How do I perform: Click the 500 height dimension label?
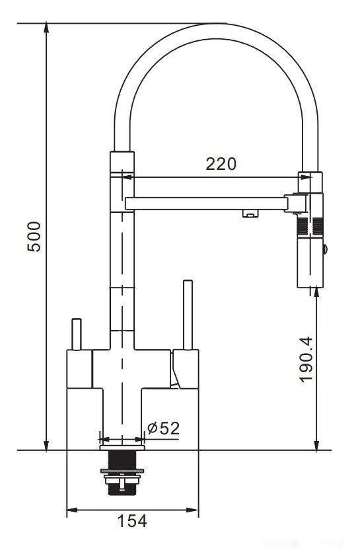[34, 236]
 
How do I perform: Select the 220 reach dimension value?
[220, 163]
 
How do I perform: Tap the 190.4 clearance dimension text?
[305, 360]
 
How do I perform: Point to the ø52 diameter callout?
[163, 428]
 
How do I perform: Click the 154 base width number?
[132, 520]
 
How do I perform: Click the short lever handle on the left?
[77, 334]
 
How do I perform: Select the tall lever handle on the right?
[187, 315]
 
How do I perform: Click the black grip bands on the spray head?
[310, 227]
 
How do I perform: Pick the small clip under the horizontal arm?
[249, 213]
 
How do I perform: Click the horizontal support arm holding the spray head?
[205, 202]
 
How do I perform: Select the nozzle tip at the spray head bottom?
[310, 285]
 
